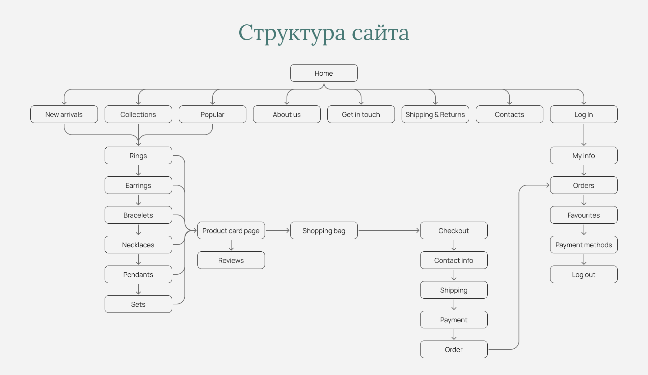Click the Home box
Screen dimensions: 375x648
pos(324,73)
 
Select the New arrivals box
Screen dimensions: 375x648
pos(64,114)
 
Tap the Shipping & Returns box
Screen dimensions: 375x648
pos(435,114)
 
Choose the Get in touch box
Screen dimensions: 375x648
pos(361,114)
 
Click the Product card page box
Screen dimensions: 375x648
pos(231,230)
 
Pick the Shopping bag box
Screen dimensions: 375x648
pos(324,230)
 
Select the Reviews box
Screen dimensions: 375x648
pos(231,260)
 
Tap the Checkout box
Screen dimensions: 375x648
pos(454,230)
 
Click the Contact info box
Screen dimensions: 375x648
pos(454,260)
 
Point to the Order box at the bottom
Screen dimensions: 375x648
pos(454,349)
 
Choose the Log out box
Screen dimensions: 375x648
pos(584,274)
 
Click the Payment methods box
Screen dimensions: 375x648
pos(584,245)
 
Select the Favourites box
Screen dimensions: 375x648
pos(584,215)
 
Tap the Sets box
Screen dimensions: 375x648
pos(138,304)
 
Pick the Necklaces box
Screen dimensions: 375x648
pos(138,245)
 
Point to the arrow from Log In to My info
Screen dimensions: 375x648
pos(584,135)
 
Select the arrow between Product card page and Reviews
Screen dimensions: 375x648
pos(231,245)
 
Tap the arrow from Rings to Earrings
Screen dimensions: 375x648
pos(138,170)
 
